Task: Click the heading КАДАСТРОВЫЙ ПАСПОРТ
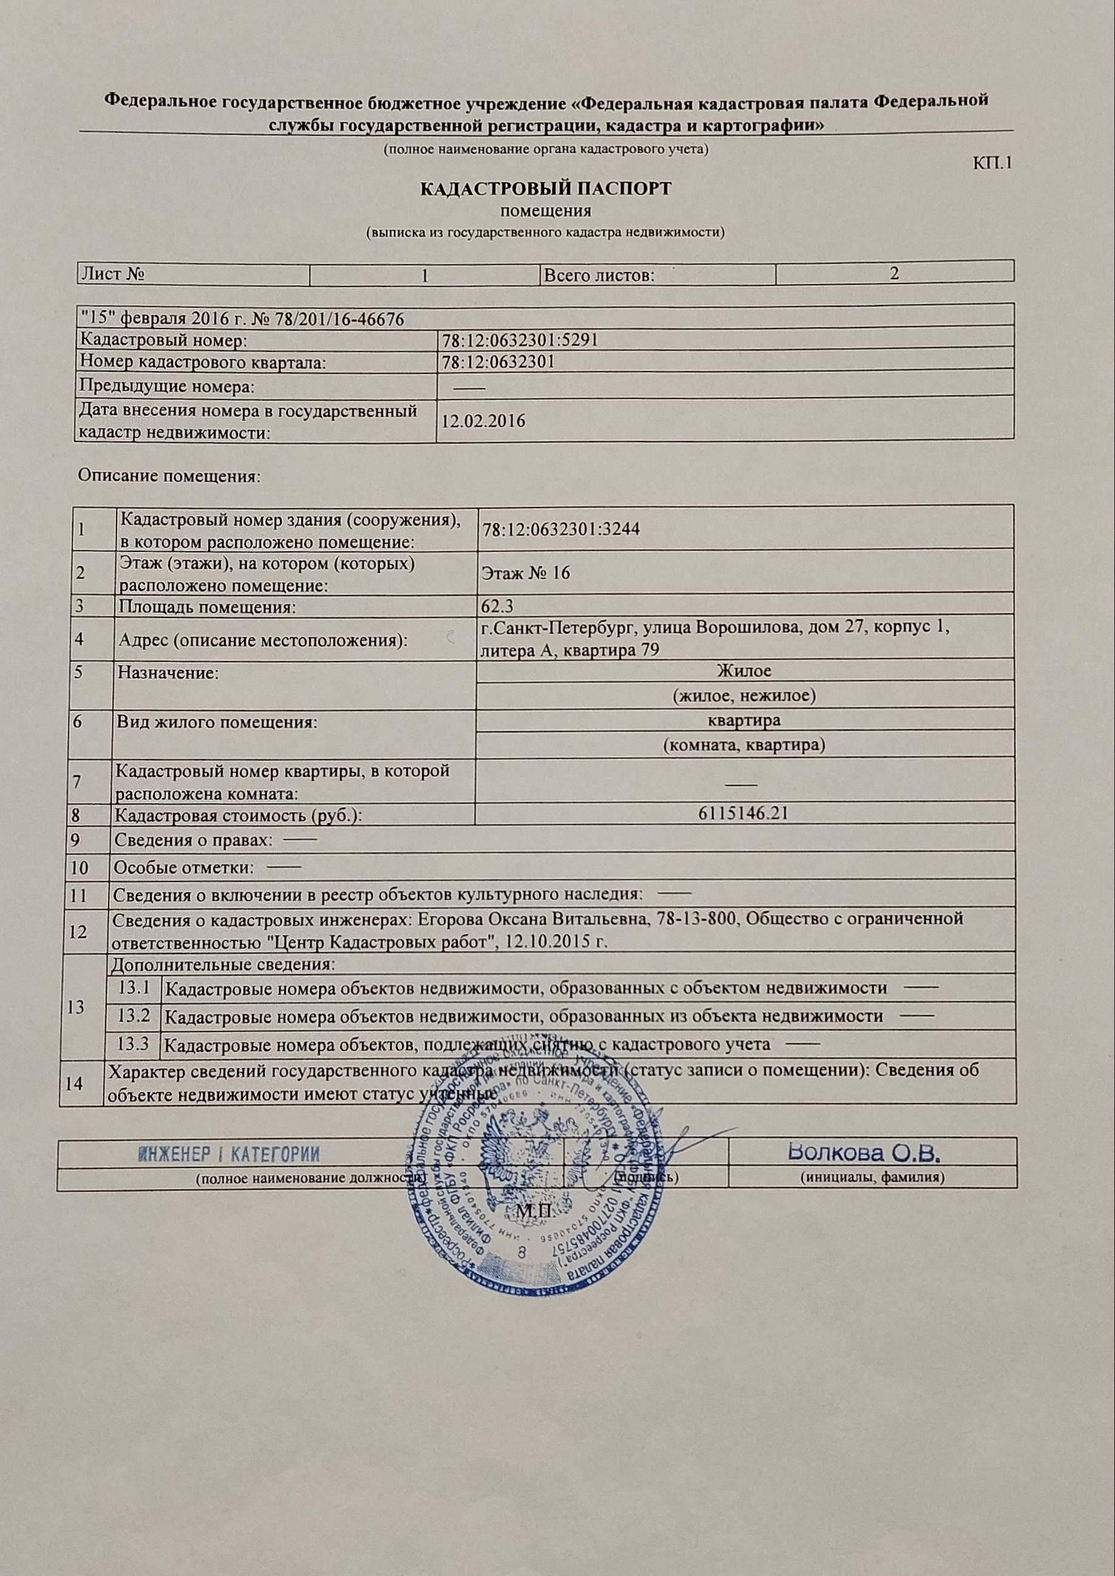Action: point(545,188)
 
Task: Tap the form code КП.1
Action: point(992,163)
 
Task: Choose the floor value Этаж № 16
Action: point(526,573)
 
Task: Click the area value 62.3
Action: point(498,605)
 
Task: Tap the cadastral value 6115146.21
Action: point(745,813)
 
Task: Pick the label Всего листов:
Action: point(598,275)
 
